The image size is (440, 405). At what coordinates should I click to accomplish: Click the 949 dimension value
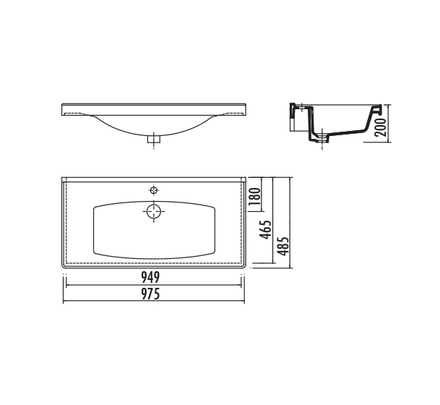tap(150, 278)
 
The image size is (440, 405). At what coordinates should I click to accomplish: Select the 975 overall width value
tap(150, 294)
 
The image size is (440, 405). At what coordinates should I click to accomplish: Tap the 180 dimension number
tap(255, 196)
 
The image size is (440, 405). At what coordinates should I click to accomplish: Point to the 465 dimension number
tap(265, 229)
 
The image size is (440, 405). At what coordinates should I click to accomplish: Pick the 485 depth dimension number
tap(283, 246)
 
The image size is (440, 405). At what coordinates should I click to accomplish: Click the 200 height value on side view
tap(381, 127)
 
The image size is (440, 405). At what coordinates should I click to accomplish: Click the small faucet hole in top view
tap(153, 190)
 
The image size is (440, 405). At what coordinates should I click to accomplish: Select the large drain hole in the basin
tap(153, 211)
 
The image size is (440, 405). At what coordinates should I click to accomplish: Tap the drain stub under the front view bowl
tap(153, 139)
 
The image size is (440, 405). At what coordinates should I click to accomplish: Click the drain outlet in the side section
tap(322, 138)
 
